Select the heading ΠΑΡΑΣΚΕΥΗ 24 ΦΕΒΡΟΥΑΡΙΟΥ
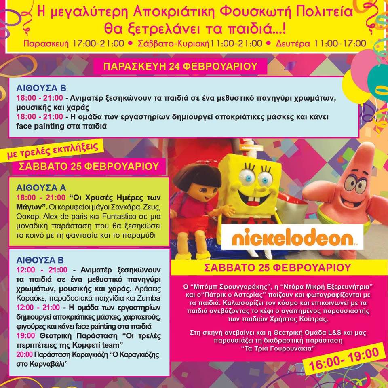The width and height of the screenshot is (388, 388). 180,67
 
